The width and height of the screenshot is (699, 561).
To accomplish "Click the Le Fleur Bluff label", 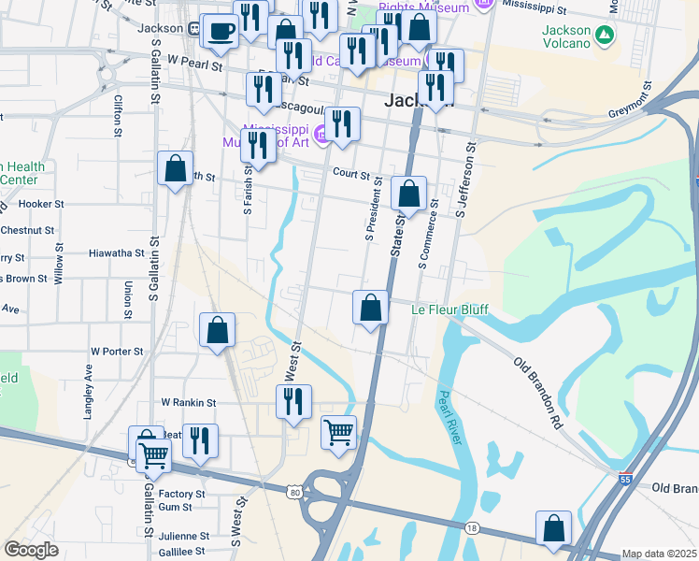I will coord(450,309).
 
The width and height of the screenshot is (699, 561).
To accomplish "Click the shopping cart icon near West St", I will coord(338,431).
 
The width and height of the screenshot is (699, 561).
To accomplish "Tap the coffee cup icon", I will coord(221,31).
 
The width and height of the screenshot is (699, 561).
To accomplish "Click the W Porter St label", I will coord(117,352).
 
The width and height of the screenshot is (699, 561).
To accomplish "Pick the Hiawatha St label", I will coord(116,252).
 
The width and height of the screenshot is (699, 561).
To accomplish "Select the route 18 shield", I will coord(473,528).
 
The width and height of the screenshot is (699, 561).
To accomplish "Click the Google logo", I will coord(31,550).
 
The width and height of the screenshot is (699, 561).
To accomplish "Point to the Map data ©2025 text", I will coord(659,554).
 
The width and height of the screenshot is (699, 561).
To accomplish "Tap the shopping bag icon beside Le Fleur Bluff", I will coord(371,307).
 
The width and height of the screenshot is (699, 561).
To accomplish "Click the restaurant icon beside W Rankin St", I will coord(293,401).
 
